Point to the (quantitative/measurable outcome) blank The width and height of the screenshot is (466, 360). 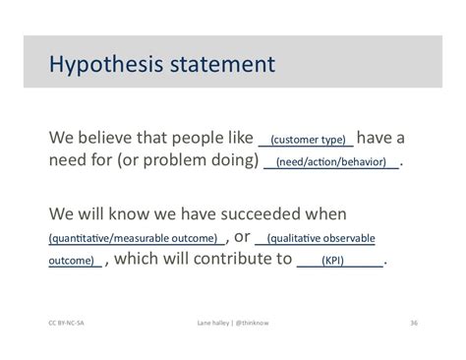pos(133,238)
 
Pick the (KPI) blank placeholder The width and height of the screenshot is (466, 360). pos(339,262)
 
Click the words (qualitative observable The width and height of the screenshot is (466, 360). pos(317,238)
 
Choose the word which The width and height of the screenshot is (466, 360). pos(140,260)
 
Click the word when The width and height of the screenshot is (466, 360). pos(324,212)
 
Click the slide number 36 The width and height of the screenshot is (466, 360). pos(413,321)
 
